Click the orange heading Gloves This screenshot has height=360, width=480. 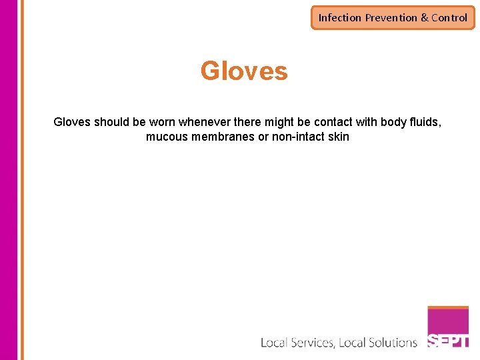(x=244, y=71)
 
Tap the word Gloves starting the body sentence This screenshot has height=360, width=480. (x=72, y=123)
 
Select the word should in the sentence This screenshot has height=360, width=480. (x=112, y=123)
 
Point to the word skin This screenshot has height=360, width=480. (x=339, y=137)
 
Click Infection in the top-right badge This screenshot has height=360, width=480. (x=340, y=18)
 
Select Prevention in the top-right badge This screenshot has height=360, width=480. (x=391, y=18)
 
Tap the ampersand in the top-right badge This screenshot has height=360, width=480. (x=425, y=18)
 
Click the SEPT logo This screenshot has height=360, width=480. (x=448, y=328)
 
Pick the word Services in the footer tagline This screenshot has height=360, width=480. (x=310, y=343)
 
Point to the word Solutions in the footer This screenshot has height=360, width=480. (x=389, y=343)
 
